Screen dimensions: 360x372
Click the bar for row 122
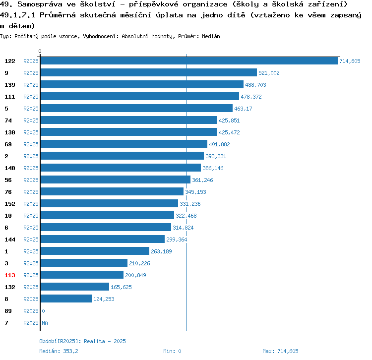[188, 61]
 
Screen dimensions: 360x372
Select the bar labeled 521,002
[148, 73]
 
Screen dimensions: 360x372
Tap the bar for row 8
[66, 299]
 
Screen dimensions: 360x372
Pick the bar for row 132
[74, 287]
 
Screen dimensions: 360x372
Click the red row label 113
[10, 275]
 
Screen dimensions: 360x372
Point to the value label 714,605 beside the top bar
[350, 61]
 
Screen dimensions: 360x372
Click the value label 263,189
[161, 251]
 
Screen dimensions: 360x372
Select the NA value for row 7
[45, 323]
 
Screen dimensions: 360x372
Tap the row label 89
[8, 311]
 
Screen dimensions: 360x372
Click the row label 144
[10, 240]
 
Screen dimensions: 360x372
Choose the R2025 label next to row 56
[31, 180]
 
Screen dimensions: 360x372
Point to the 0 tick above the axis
[40, 51]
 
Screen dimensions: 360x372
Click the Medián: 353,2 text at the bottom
[59, 351]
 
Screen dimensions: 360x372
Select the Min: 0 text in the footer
[172, 351]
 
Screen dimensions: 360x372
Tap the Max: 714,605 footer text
[280, 351]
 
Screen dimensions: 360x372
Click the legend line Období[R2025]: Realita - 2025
[82, 341]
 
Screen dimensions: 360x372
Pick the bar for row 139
[142, 85]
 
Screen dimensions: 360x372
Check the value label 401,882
[219, 144]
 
